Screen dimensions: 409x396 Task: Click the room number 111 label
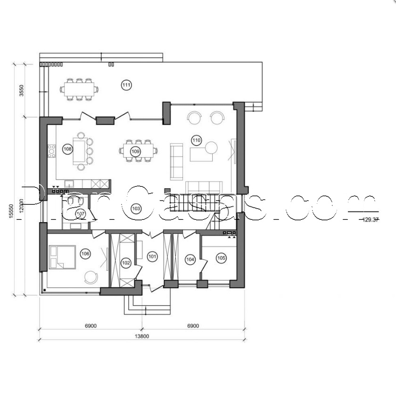(126, 85)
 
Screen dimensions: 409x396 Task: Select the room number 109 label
(136, 151)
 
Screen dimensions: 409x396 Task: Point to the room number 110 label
(196, 140)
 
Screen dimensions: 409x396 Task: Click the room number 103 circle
(136, 208)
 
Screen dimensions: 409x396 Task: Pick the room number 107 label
(80, 214)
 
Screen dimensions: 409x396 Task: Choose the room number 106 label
(85, 254)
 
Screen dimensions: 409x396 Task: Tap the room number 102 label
(125, 262)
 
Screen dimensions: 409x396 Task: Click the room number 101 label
(152, 257)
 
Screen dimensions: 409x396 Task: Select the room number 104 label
(190, 259)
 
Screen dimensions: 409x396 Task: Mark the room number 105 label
(221, 258)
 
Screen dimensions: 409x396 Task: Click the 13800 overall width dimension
(142, 336)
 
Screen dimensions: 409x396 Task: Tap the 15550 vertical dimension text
(10, 208)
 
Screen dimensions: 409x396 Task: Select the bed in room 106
(62, 257)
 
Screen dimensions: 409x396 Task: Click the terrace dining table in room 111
(79, 88)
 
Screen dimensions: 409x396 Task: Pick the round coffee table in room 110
(211, 148)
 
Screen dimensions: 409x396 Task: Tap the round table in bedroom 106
(91, 276)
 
